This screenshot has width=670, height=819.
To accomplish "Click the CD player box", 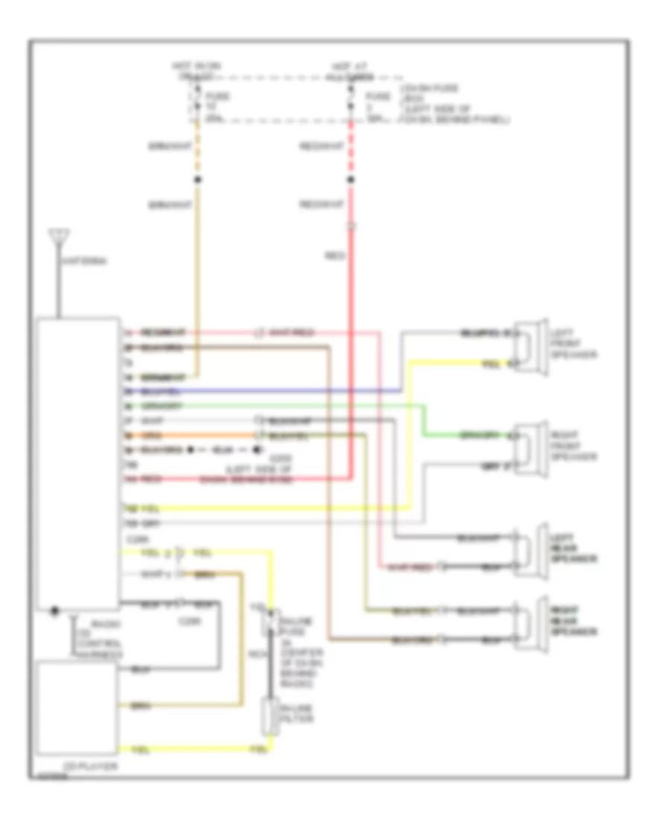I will coord(77,707).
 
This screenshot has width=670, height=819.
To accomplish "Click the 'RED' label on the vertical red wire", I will coord(335,255).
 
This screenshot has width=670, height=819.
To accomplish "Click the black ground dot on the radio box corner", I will coord(54,611).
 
